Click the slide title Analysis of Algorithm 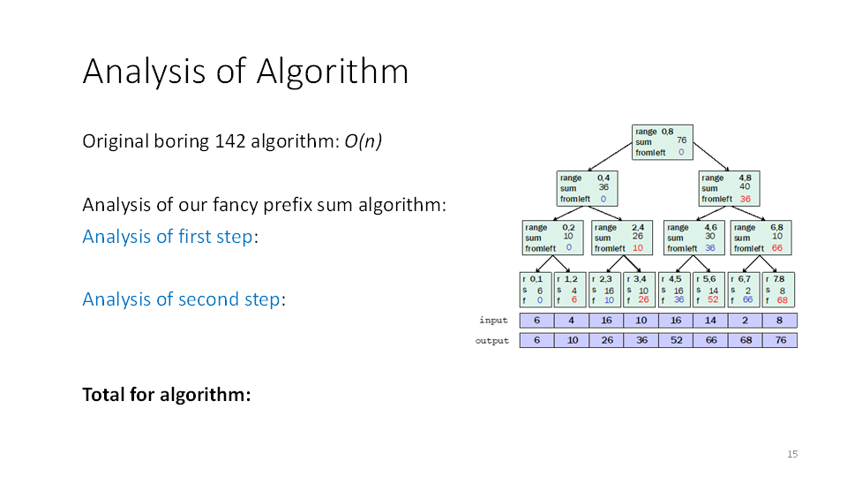tap(245, 72)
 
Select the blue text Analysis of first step tap(167, 237)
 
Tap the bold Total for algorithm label tap(167, 394)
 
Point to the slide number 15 tap(791, 454)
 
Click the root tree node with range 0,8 tap(663, 142)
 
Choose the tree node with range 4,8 tap(729, 188)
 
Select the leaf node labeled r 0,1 tap(536, 289)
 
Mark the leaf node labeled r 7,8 tap(778, 289)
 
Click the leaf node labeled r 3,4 tap(640, 289)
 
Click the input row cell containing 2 tap(746, 321)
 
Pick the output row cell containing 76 tap(780, 340)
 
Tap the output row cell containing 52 tap(675, 340)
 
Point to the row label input tap(494, 321)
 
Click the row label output tap(492, 340)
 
